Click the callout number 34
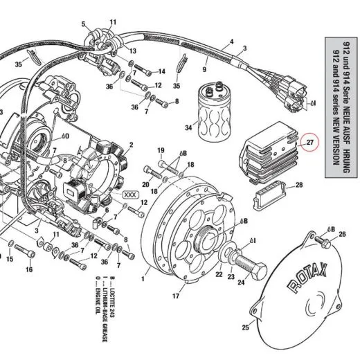point(188,127)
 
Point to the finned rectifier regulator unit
point(270,149)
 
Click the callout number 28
point(299,185)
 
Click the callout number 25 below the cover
point(244,327)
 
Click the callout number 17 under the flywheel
point(175,297)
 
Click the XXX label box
point(130,195)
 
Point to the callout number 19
point(160,150)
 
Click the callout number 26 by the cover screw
point(341,235)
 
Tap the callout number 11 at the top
point(113,24)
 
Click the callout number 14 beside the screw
point(161,71)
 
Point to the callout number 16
point(29,269)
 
